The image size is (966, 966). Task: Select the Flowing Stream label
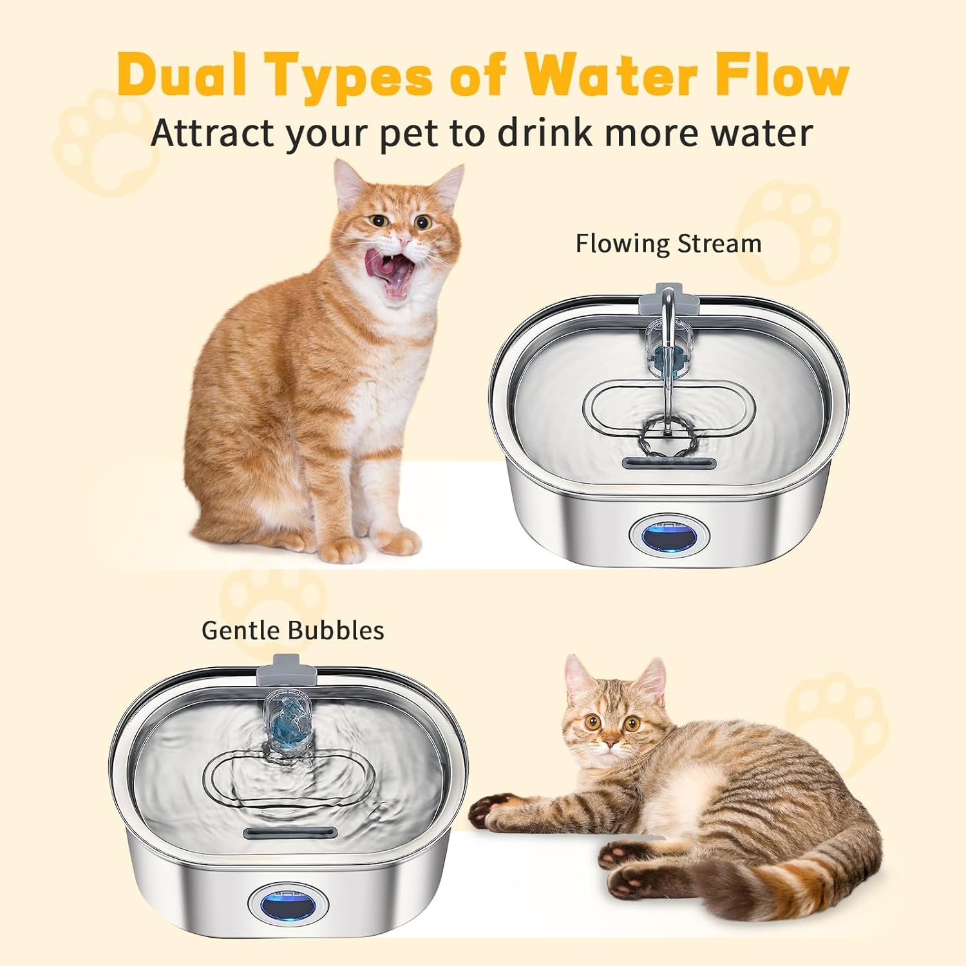coord(668,244)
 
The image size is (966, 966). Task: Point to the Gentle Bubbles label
coord(293,630)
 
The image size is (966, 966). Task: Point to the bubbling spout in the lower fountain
coord(287,718)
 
